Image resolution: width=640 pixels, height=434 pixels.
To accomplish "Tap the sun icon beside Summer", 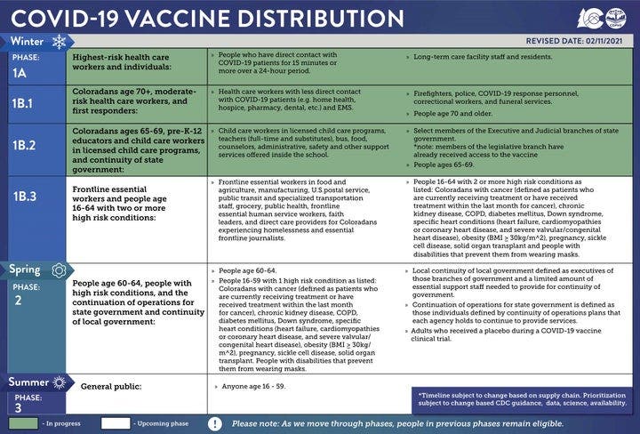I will (x=60, y=382).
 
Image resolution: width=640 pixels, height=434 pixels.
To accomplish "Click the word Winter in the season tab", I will (x=27, y=41).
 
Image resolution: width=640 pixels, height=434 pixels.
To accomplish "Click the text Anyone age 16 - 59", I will (x=251, y=388).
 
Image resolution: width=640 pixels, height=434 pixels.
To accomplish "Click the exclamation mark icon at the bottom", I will (x=214, y=423).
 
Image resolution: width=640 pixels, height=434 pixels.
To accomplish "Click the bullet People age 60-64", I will (x=240, y=269).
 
